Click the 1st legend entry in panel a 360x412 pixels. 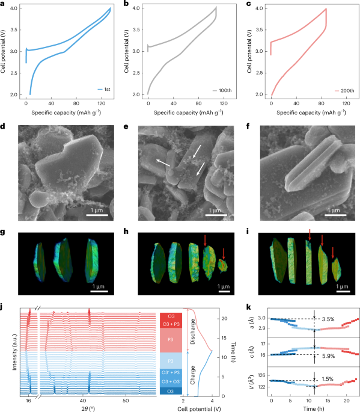104,90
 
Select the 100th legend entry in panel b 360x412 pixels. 222,90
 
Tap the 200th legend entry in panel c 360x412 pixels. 344,91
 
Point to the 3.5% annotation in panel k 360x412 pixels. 328,319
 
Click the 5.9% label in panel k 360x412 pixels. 329,356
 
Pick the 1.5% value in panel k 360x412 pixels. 328,379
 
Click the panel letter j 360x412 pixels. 2,307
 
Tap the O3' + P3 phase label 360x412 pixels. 171,372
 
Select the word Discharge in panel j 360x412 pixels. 193,331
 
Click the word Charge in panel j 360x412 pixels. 193,375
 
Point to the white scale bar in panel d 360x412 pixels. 97,215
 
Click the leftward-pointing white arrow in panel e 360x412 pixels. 163,163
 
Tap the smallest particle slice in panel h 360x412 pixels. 222,266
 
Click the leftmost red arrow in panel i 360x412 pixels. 310,235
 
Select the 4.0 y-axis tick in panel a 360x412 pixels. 14,8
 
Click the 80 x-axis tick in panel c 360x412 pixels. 322,103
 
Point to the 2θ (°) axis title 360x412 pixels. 88,408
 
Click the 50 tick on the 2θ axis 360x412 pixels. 126,401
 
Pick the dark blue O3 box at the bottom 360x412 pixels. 171,391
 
